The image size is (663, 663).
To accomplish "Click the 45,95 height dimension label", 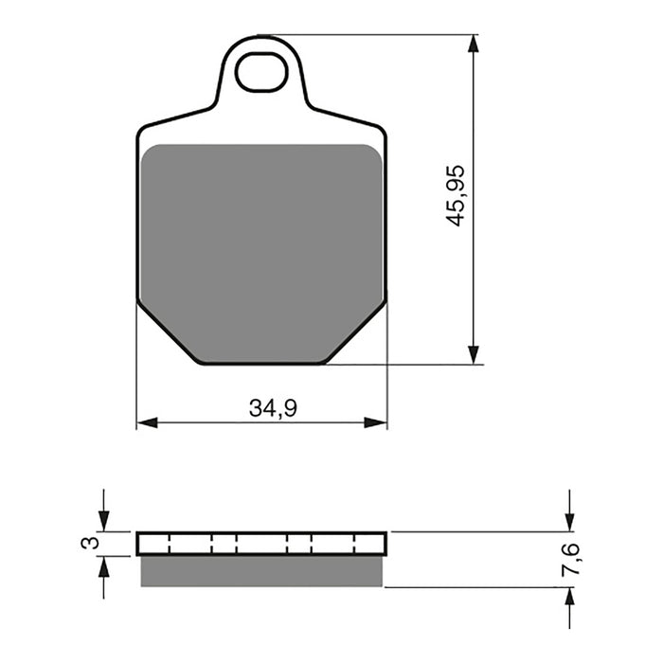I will [x=457, y=195].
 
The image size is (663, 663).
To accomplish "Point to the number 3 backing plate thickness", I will [x=88, y=543].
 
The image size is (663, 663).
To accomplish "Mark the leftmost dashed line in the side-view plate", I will [x=168, y=544].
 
